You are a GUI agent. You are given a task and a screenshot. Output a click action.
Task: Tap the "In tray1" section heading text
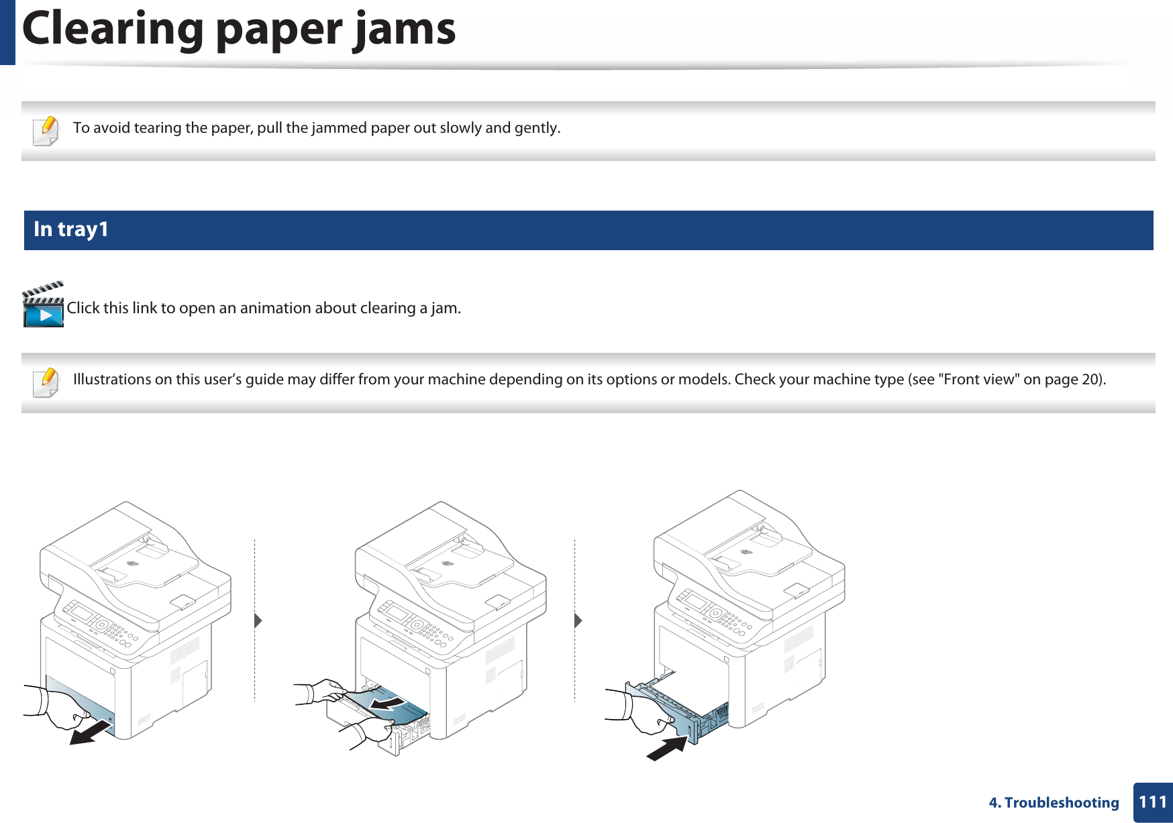[x=70, y=229]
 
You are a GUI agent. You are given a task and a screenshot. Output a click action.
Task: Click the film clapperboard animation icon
[x=43, y=305]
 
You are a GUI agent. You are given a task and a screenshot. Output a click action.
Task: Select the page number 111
[x=1153, y=802]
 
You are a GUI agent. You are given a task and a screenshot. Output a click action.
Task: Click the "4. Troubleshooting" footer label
[x=1054, y=803]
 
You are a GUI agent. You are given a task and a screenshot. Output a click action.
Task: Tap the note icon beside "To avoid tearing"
[x=46, y=130]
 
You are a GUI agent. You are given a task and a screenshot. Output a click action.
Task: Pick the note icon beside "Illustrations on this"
[x=46, y=382]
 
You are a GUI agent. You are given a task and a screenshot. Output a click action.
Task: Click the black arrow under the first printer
[x=91, y=732]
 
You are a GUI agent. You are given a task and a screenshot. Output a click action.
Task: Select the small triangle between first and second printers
[x=258, y=620]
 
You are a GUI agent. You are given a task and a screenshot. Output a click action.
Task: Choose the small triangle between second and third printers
[x=578, y=620]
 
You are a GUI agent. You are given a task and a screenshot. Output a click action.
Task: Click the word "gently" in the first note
[x=536, y=128]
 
